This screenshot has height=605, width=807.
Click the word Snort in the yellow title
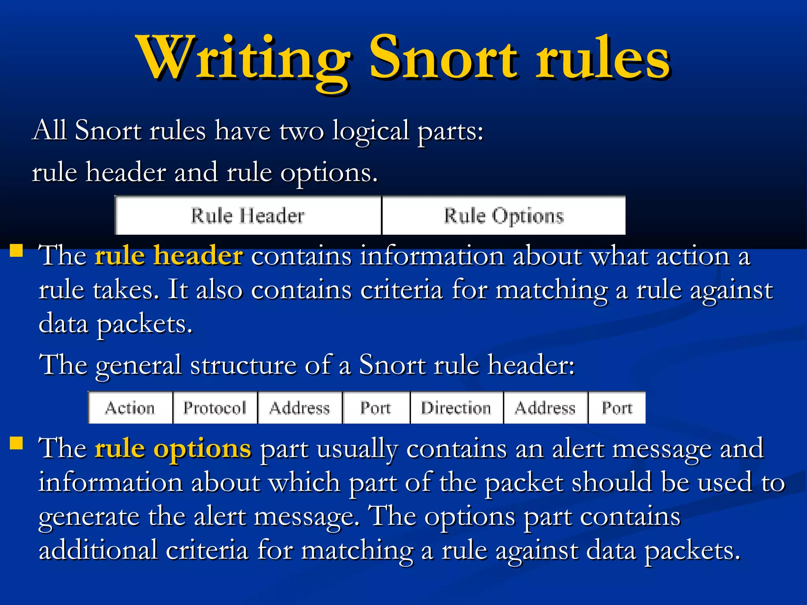tap(443, 58)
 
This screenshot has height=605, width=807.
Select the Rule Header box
tap(248, 216)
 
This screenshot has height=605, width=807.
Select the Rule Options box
tap(504, 216)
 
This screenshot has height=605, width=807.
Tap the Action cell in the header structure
tap(130, 408)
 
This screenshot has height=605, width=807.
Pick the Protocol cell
tap(215, 408)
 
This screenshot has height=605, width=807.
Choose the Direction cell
tap(456, 408)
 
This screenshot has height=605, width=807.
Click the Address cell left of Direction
tap(299, 408)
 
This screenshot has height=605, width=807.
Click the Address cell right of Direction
tap(545, 408)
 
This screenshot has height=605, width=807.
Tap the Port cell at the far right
tap(617, 408)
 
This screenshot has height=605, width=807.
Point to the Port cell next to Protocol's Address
tap(376, 408)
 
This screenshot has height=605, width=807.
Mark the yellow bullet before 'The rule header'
tap(17, 251)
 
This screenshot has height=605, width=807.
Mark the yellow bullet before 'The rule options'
tap(17, 443)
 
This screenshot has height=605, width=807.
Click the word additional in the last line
tap(98, 551)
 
